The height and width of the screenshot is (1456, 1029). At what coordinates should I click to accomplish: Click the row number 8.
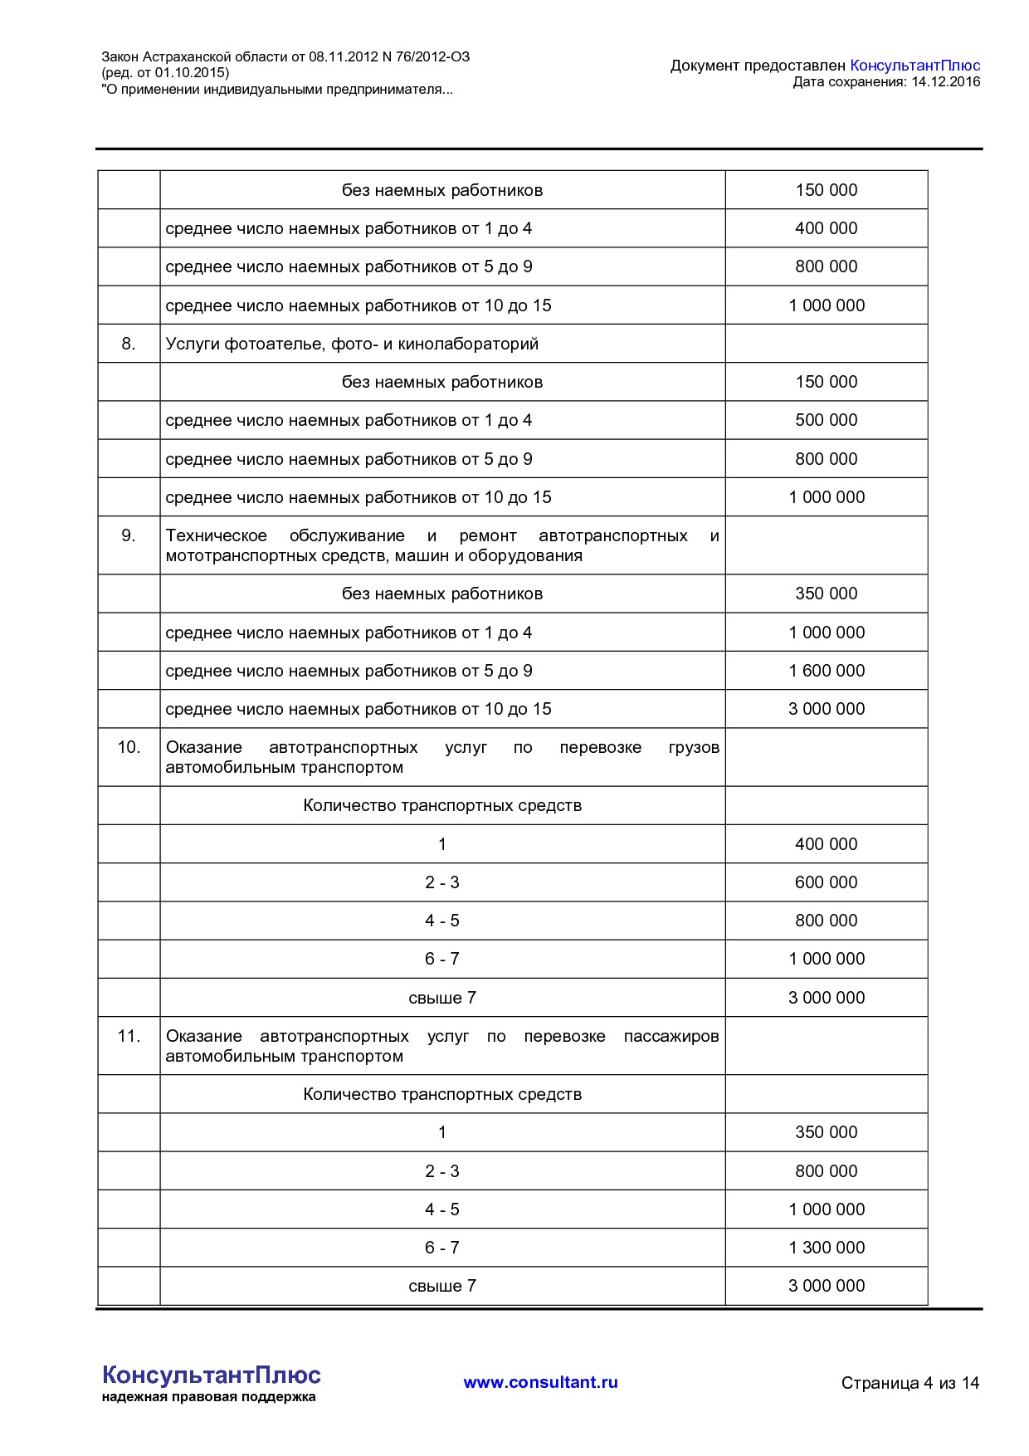(x=129, y=344)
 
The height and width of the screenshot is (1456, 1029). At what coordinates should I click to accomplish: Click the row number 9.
(x=129, y=535)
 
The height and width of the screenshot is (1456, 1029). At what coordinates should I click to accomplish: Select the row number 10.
(x=129, y=747)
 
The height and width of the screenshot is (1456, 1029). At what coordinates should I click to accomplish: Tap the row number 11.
(x=129, y=1036)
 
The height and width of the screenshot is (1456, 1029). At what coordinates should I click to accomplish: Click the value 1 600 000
(x=827, y=671)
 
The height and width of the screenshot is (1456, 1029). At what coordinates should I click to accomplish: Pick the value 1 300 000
(x=827, y=1248)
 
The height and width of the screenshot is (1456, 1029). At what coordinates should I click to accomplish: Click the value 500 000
(x=827, y=420)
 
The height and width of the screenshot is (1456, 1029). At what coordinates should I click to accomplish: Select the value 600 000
(x=827, y=882)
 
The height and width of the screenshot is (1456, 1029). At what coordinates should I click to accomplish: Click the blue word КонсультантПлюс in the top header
(x=914, y=66)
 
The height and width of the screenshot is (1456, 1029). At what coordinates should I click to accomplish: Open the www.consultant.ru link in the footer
(x=540, y=1382)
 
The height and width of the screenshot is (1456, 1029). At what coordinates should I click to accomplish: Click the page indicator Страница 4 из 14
(x=910, y=1383)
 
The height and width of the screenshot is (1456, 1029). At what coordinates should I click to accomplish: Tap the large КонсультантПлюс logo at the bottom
(x=211, y=1375)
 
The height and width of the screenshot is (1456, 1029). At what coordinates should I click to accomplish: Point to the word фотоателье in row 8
(x=274, y=344)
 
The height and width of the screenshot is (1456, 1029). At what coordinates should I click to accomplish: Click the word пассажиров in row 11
(x=671, y=1036)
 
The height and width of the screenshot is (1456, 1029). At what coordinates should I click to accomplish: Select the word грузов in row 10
(x=694, y=747)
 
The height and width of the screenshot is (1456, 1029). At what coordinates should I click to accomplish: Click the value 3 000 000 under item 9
(x=827, y=709)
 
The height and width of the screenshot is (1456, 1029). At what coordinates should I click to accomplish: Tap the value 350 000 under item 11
(x=827, y=1132)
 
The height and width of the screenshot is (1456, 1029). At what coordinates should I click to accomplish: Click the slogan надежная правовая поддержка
(x=208, y=1397)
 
